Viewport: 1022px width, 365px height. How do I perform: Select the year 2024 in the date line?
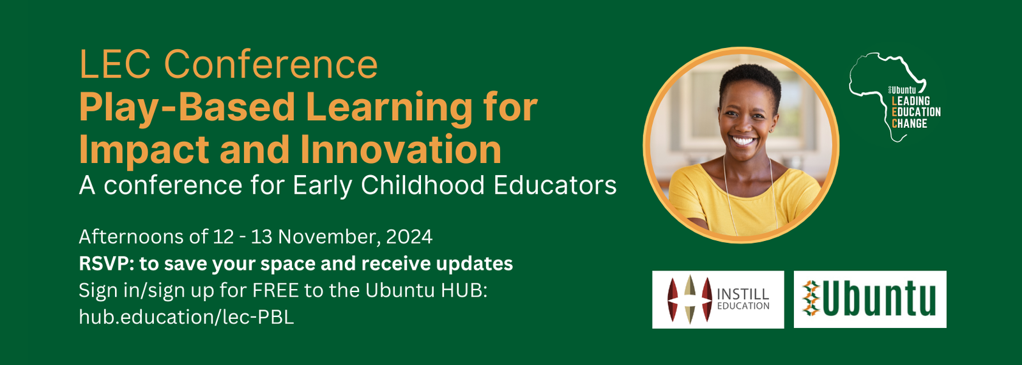[409, 237]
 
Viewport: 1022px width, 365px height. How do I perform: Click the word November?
[330, 237]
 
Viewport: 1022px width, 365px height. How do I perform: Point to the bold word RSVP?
[106, 263]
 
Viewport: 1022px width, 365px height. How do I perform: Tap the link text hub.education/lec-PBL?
[186, 317]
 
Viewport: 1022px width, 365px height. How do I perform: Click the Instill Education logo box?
[718, 299]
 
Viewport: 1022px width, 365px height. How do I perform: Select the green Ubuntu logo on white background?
[870, 299]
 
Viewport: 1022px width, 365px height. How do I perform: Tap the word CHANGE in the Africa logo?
[910, 123]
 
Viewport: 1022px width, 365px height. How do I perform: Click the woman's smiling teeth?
[744, 140]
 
